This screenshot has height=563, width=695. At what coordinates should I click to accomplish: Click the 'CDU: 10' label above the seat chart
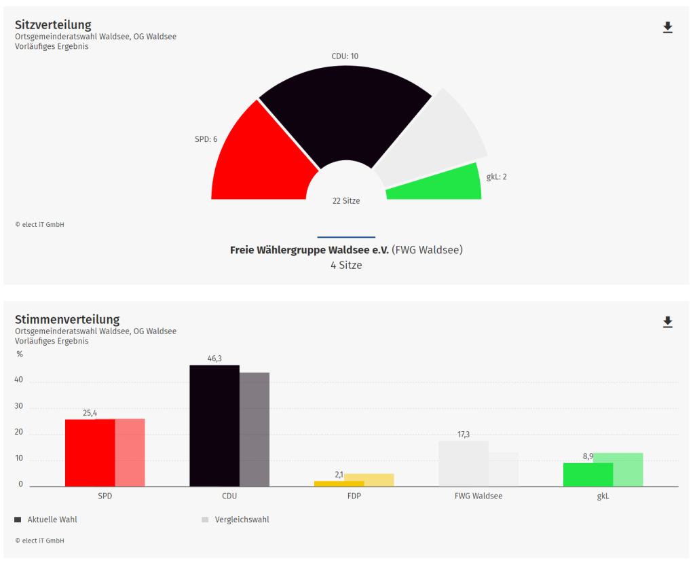[345, 56]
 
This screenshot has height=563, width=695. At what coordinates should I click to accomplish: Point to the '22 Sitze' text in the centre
[346, 201]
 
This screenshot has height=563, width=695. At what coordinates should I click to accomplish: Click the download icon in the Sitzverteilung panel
[667, 27]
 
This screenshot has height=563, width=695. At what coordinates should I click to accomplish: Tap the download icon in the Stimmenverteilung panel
[667, 322]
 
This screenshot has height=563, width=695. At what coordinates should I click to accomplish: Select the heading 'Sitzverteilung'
[53, 25]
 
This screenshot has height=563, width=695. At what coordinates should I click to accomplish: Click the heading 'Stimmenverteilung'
[67, 319]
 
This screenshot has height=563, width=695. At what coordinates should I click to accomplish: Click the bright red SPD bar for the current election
[90, 453]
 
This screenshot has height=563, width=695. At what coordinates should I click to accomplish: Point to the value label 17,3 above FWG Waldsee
[464, 435]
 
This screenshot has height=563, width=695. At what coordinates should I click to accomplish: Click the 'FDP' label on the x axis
[354, 496]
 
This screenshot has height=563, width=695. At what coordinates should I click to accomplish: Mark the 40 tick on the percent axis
[19, 380]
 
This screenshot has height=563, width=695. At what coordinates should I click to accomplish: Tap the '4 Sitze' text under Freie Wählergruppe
[346, 266]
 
